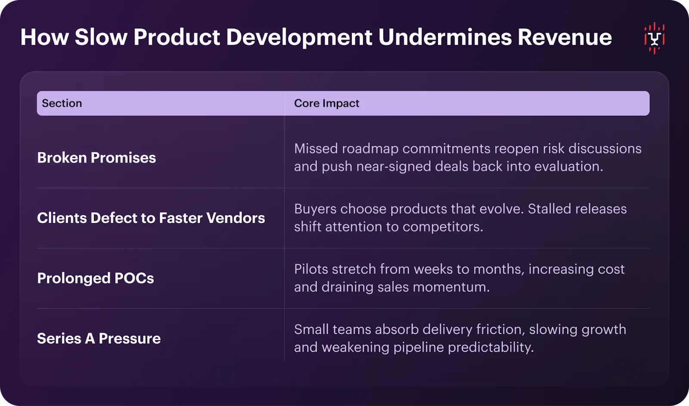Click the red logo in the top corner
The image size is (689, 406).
[654, 38]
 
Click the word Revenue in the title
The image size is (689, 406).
[565, 37]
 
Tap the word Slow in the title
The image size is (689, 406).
[101, 37]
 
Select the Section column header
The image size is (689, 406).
[62, 103]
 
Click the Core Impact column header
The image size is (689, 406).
[327, 103]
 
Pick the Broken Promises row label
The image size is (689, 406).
[96, 158]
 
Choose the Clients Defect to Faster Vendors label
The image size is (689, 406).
[151, 218]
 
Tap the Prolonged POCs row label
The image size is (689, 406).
[96, 278]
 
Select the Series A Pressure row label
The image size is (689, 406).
[99, 338]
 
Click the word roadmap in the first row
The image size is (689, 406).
[370, 149]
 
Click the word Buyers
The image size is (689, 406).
[315, 209]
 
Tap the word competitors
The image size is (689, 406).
[443, 227]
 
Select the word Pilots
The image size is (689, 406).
[311, 269]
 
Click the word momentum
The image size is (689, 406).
[451, 287]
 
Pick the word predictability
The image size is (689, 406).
[491, 347]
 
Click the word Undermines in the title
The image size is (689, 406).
[445, 37]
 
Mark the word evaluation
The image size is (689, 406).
[569, 166]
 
